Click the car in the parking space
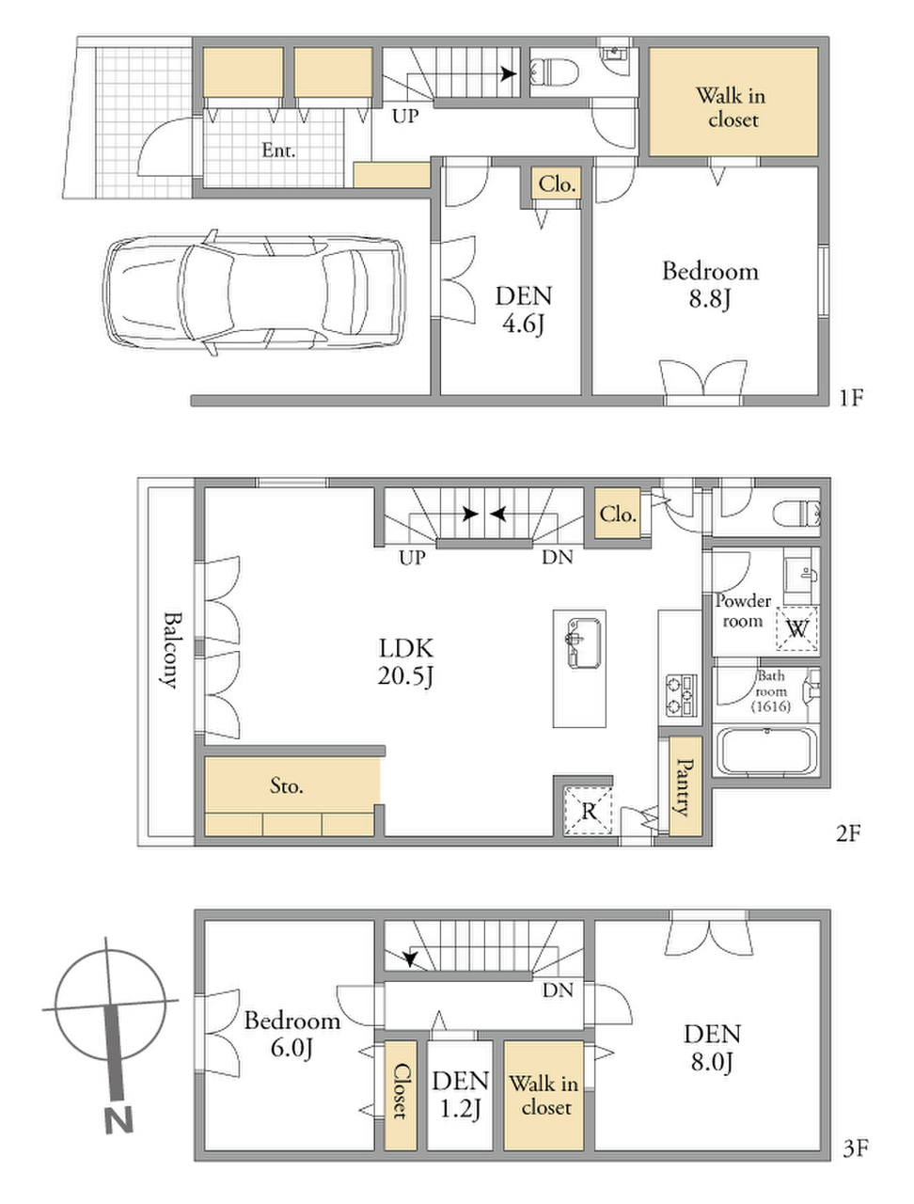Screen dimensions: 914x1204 click(x=255, y=293)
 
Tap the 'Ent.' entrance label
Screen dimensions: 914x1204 click(x=278, y=150)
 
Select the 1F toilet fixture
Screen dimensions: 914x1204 click(x=554, y=72)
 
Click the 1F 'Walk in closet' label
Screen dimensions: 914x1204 click(x=732, y=107)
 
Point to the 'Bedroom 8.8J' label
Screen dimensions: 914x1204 click(x=710, y=285)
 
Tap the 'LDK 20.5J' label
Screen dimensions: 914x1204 click(x=405, y=662)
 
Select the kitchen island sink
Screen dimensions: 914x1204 click(x=583, y=642)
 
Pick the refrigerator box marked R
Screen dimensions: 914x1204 click(x=589, y=811)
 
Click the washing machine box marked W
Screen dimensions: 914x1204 click(x=797, y=628)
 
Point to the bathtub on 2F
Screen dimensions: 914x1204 click(x=765, y=751)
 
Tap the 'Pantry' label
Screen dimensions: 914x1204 click(x=685, y=786)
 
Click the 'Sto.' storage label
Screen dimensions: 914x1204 click(x=286, y=785)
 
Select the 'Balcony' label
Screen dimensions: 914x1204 click(x=171, y=650)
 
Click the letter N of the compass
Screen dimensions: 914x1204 click(x=119, y=1119)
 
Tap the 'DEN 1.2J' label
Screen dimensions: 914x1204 click(x=461, y=1094)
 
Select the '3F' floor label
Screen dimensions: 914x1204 click(x=856, y=1148)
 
